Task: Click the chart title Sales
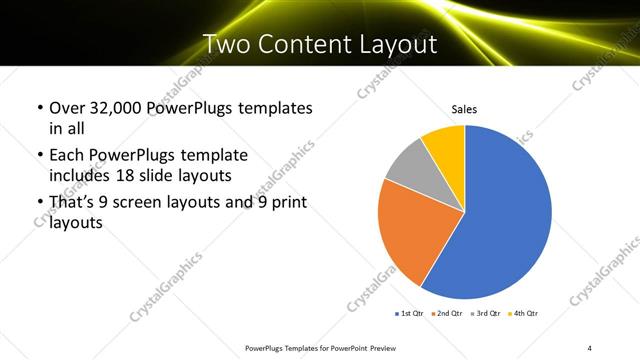click(465, 109)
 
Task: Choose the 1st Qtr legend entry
click(411, 314)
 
